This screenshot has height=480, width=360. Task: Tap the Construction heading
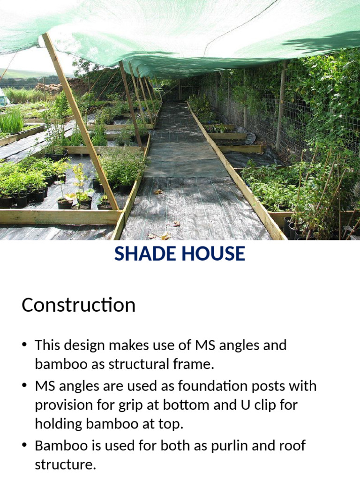coord(78,305)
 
